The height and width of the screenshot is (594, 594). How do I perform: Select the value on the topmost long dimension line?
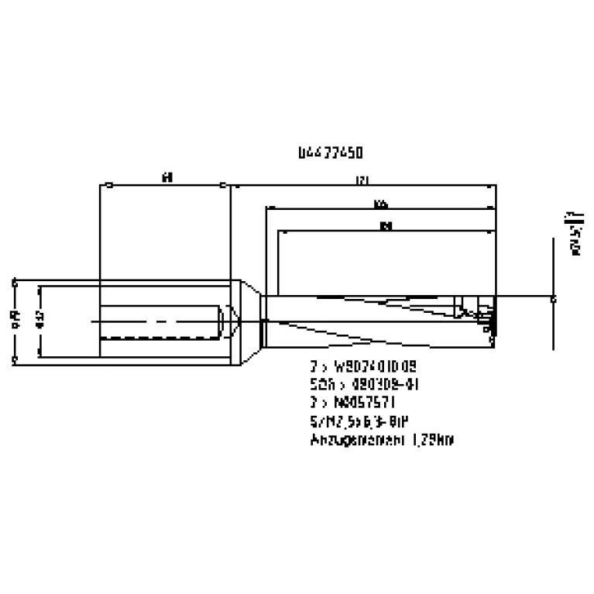pyautogui.click(x=361, y=180)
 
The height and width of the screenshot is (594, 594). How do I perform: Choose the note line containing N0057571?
pyautogui.click(x=352, y=403)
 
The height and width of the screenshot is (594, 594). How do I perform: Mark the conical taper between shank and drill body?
pyautogui.click(x=248, y=319)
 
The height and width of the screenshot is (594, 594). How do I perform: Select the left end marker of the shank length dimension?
pyautogui.click(x=110, y=185)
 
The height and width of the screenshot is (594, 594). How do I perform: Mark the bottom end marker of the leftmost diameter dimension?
pyautogui.click(x=15, y=360)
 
